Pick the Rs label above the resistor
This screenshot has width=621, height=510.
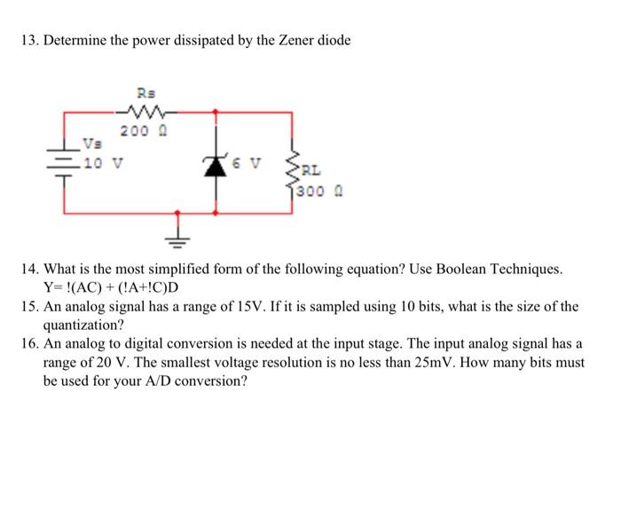[x=145, y=91]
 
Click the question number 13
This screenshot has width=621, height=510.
[x=30, y=42]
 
